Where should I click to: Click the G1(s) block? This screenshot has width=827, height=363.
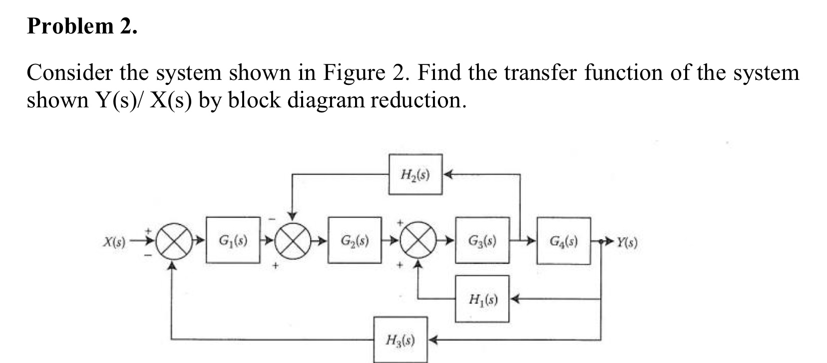coord(233,240)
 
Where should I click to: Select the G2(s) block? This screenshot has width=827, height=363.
coord(355,240)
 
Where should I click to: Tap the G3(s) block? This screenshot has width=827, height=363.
coord(482,240)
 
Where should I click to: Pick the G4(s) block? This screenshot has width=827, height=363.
coord(563,240)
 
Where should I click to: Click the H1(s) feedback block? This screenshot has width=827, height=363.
coord(482,299)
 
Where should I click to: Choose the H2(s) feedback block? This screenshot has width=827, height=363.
coord(415,174)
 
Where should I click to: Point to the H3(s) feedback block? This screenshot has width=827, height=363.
coord(401,340)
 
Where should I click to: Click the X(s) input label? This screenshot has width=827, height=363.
coord(114,243)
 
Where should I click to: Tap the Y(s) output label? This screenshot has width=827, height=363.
coord(626,243)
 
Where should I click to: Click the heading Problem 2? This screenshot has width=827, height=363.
coord(82,26)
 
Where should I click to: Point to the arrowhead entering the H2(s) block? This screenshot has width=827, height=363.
coord(447,174)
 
